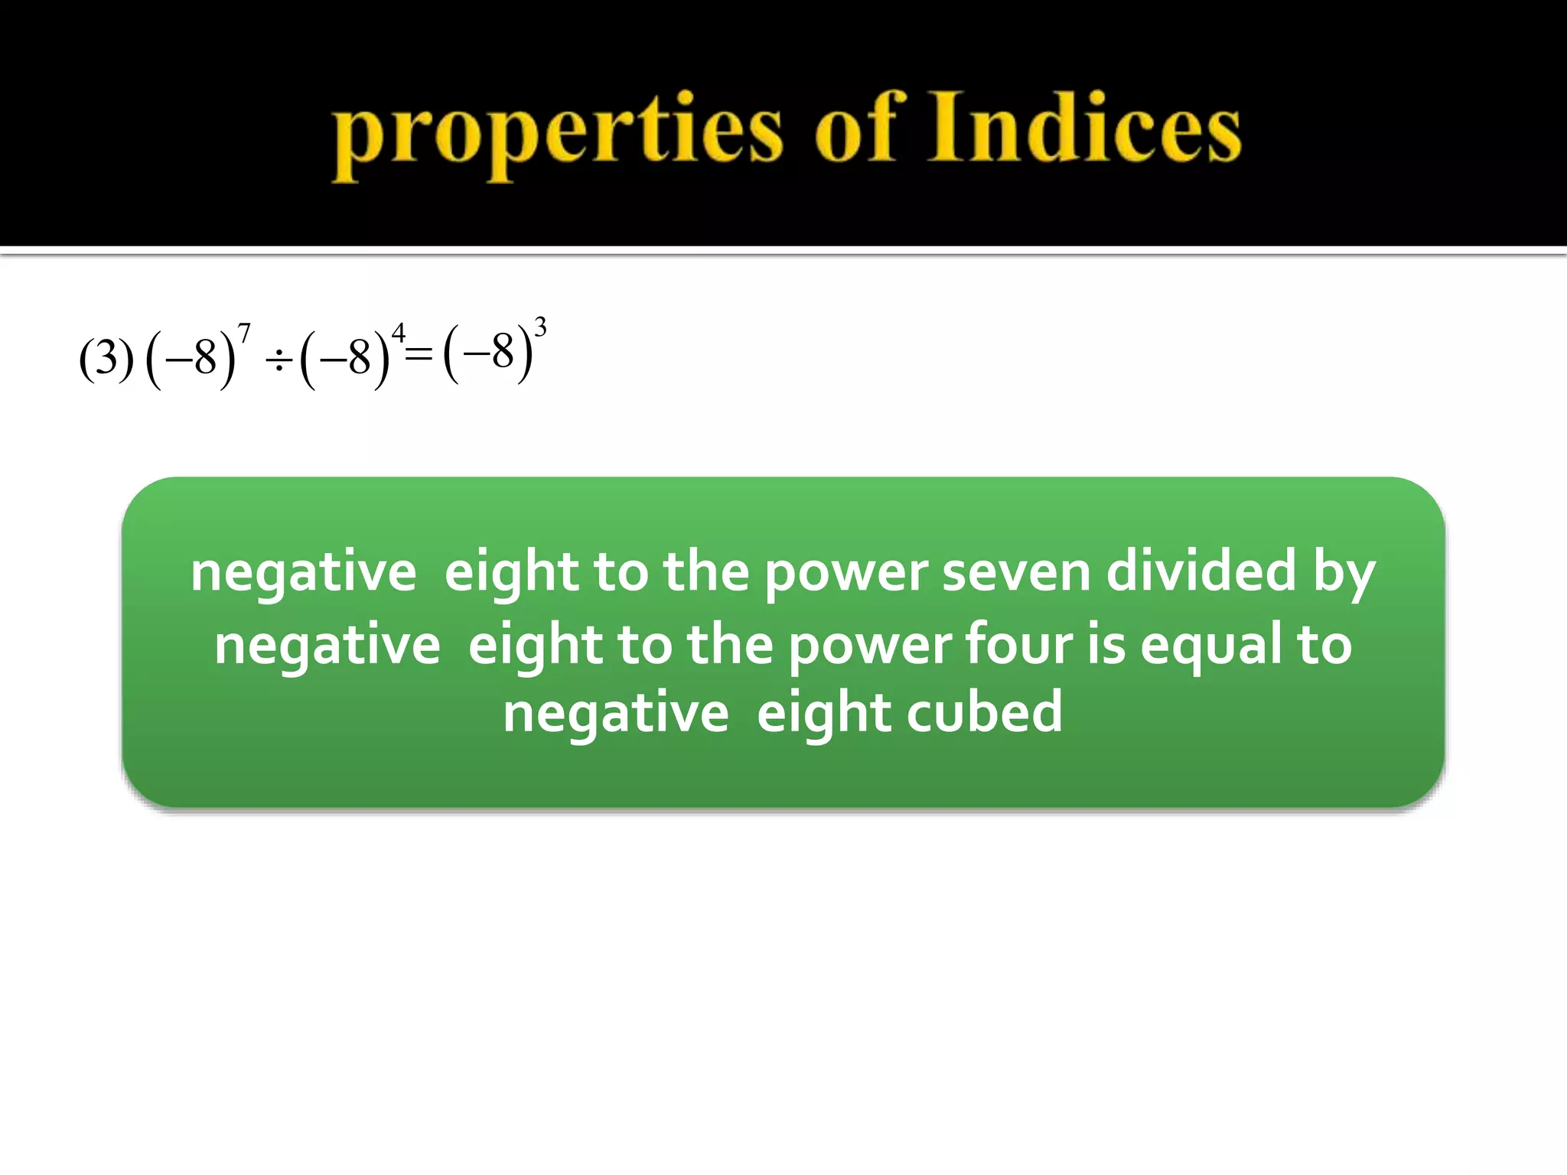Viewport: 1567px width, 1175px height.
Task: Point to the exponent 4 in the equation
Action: [398, 334]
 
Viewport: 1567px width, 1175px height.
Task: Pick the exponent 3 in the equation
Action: [540, 327]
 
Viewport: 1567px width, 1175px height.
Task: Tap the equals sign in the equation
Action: [419, 353]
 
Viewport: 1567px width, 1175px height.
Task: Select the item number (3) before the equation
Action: [106, 358]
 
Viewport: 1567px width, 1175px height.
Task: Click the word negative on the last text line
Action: [616, 712]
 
